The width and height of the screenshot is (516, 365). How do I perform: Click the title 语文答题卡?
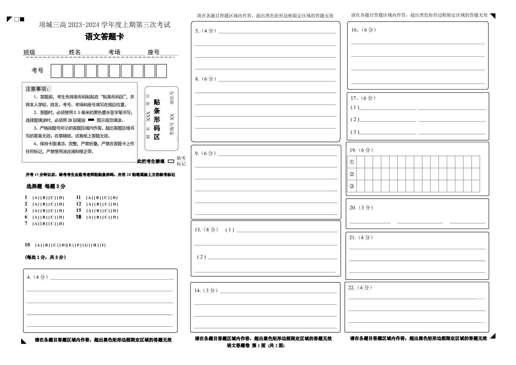pos(104,37)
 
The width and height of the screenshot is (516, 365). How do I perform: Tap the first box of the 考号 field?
pos(56,71)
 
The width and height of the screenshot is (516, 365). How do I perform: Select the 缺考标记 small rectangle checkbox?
pos(171,161)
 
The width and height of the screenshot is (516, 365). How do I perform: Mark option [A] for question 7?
pos(35,224)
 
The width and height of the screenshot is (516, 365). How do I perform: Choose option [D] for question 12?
pos(115,204)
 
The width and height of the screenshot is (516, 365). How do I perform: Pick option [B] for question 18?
pos(98,217)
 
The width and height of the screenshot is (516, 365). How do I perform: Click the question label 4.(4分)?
pos(37,277)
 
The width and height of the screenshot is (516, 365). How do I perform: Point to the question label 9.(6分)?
pos(205,153)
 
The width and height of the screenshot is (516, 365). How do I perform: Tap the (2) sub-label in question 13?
pos(201,257)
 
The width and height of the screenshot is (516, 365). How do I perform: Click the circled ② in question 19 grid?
pos(352,174)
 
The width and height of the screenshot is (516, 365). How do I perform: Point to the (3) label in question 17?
pos(355,132)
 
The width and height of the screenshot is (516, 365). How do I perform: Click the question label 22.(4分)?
pos(360,288)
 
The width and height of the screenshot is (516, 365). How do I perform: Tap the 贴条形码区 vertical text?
pos(157,119)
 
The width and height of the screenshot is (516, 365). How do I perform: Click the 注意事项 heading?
pos(38,89)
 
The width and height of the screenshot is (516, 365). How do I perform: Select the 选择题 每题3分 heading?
pos(46,186)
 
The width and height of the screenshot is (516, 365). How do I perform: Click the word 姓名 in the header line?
pos(75,52)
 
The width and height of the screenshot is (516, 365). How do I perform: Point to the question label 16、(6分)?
pos(364,30)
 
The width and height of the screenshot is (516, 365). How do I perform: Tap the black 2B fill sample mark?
pos(91,120)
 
